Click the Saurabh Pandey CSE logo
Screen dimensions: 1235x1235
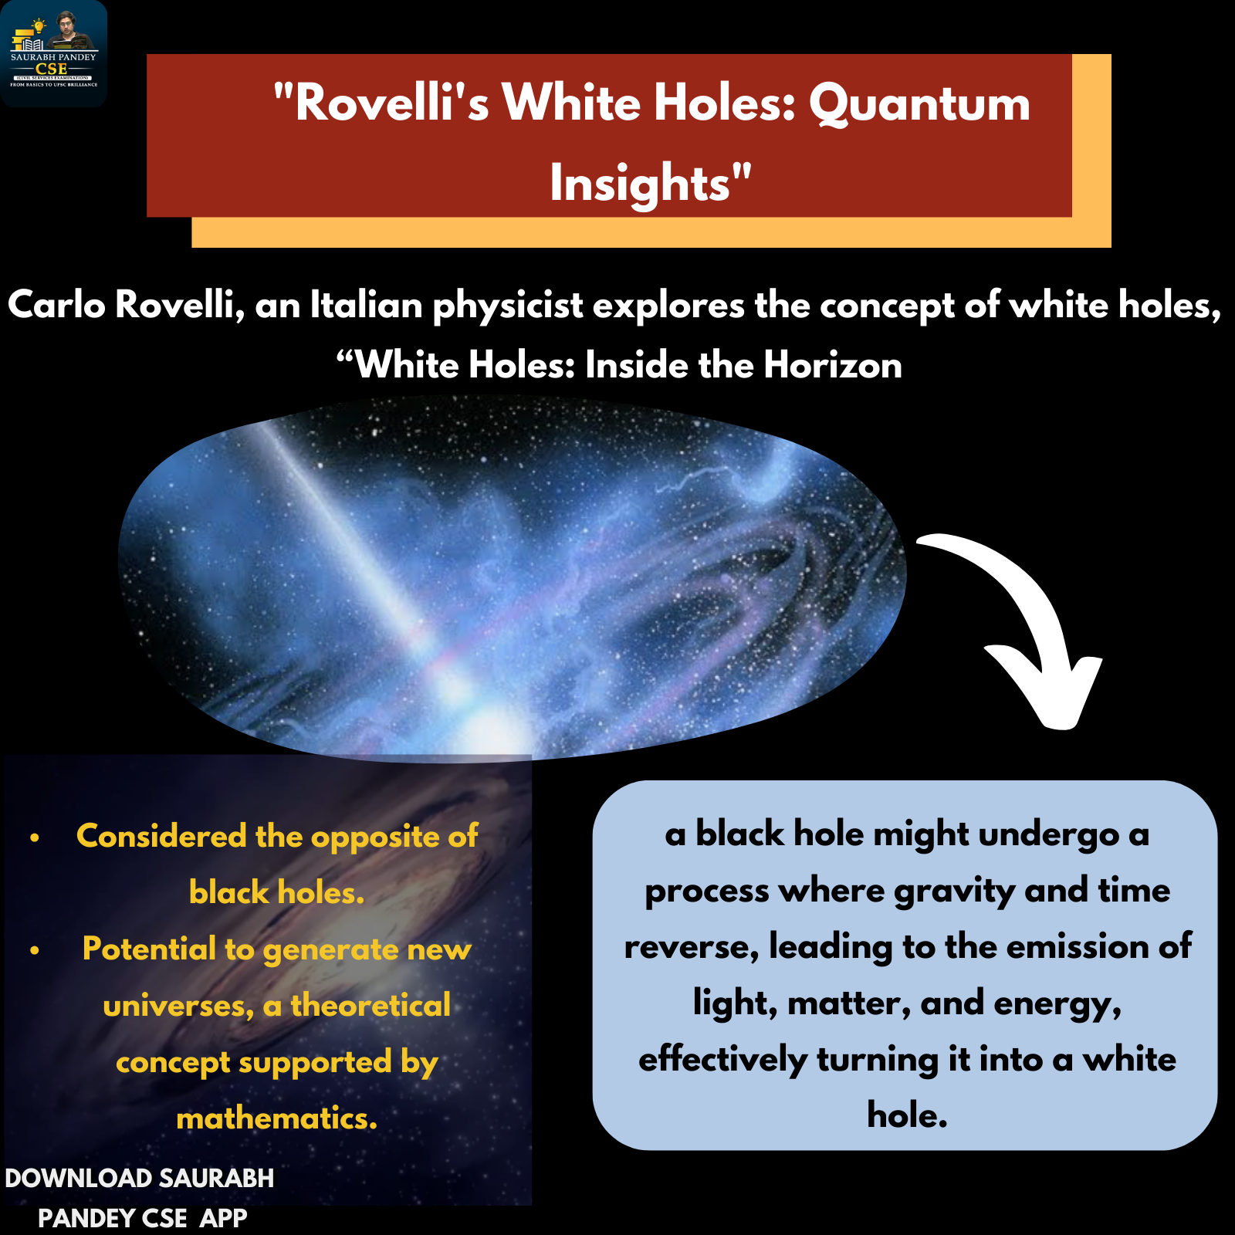[x=53, y=53]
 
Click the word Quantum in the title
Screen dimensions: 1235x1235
[x=919, y=103]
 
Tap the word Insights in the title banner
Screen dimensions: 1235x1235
[x=641, y=184]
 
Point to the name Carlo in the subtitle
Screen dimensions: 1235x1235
[x=56, y=305]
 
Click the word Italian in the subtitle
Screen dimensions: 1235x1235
[x=367, y=305]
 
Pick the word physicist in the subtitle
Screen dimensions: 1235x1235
[x=508, y=306]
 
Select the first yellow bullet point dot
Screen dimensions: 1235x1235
[x=35, y=837]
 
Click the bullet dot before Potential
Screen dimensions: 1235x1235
[x=35, y=950]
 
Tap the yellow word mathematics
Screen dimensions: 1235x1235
[x=277, y=1118]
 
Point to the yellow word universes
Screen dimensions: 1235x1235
[x=178, y=1007]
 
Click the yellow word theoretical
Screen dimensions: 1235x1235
[x=370, y=1006]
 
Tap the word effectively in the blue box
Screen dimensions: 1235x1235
[x=722, y=1059]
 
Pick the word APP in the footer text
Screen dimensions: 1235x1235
[x=223, y=1219]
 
